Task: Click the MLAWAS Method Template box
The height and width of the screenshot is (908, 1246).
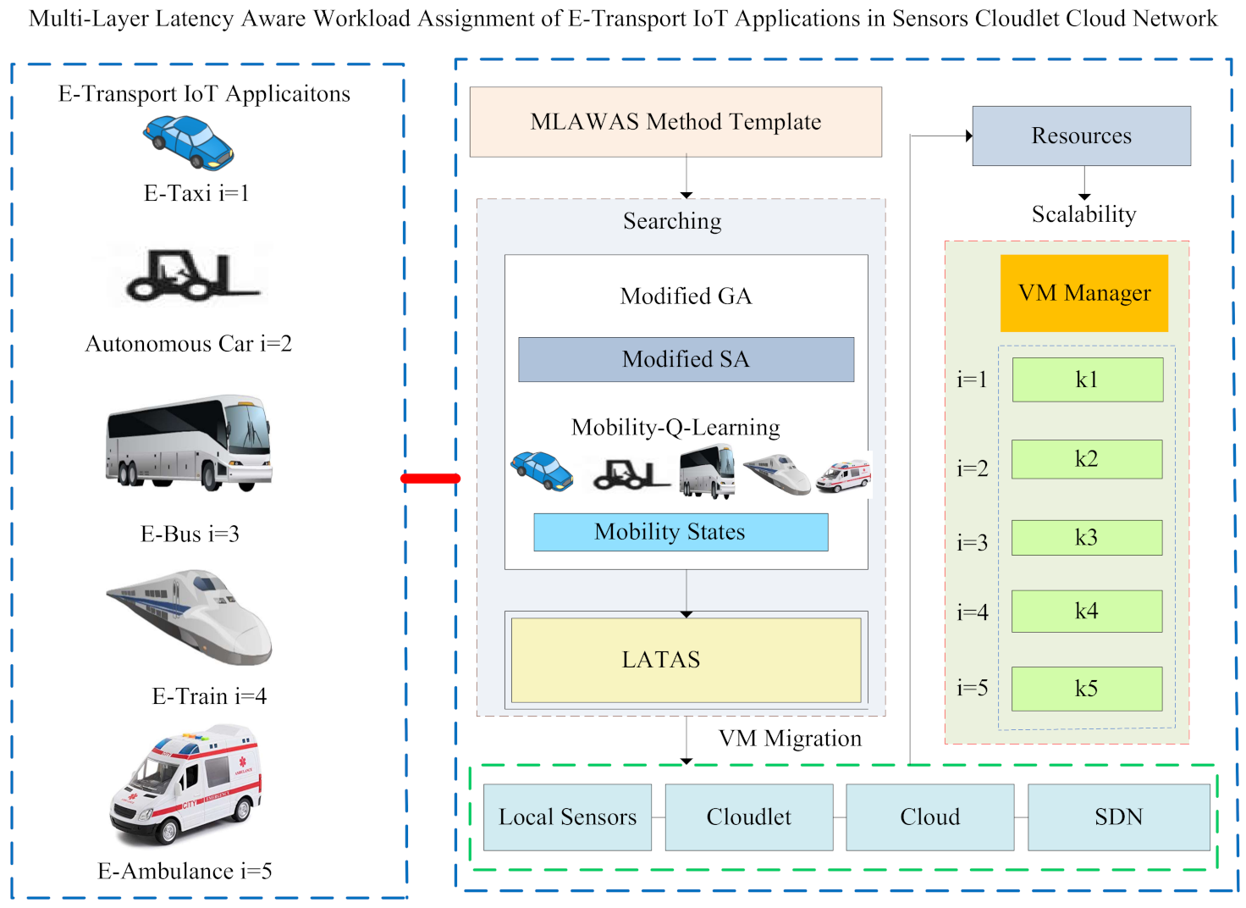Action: point(675,122)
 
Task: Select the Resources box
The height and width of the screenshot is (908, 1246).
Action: point(1081,136)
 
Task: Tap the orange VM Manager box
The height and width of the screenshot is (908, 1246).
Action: point(1083,293)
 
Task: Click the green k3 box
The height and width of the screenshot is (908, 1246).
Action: point(1087,538)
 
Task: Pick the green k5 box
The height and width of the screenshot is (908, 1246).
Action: point(1087,689)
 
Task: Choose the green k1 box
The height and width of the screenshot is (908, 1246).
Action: point(1087,379)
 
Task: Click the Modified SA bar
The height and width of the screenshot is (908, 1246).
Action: point(686,359)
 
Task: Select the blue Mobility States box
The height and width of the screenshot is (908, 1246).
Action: point(681,532)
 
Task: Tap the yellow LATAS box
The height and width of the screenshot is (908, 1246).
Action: point(686,660)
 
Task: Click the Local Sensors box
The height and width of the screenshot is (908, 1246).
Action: point(567,817)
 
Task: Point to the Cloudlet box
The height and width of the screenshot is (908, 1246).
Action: point(748,817)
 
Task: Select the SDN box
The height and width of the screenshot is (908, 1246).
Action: point(1118,817)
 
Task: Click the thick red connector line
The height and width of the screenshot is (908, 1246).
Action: point(430,479)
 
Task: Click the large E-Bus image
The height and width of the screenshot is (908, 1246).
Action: point(189,442)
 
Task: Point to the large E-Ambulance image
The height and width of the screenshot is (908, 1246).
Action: point(186,784)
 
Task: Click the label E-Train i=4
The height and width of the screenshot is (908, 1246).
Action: point(209,696)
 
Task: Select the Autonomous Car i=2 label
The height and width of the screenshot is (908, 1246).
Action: point(188,344)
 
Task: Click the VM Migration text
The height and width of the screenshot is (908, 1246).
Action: point(790,739)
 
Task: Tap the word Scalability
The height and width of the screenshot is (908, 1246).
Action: point(1083,214)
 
